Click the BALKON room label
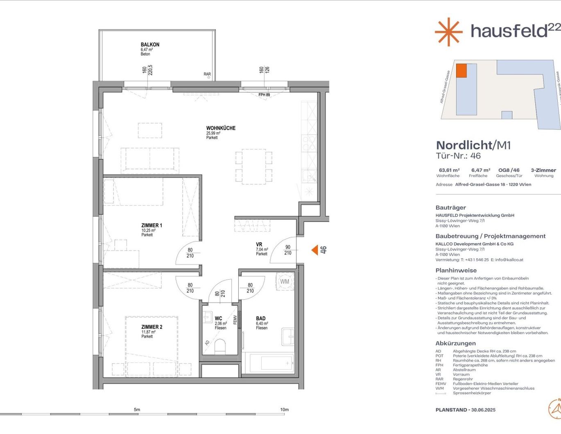(x=150, y=45)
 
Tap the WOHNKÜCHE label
(x=221, y=128)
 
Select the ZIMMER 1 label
(x=152, y=226)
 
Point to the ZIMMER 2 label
(x=152, y=327)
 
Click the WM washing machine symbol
(x=285, y=282)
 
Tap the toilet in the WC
(x=220, y=346)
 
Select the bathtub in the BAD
(x=271, y=363)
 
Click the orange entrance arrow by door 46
(x=314, y=250)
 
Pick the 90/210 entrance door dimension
(x=287, y=250)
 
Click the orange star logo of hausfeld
(x=448, y=32)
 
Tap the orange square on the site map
(x=461, y=70)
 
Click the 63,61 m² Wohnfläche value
(x=449, y=170)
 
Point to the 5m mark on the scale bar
(x=137, y=409)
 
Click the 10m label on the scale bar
(x=284, y=409)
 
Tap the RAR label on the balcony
(x=207, y=75)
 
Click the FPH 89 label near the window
(x=264, y=95)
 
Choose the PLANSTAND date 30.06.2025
(x=483, y=410)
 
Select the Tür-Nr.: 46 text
(x=458, y=156)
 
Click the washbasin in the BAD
(x=288, y=337)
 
